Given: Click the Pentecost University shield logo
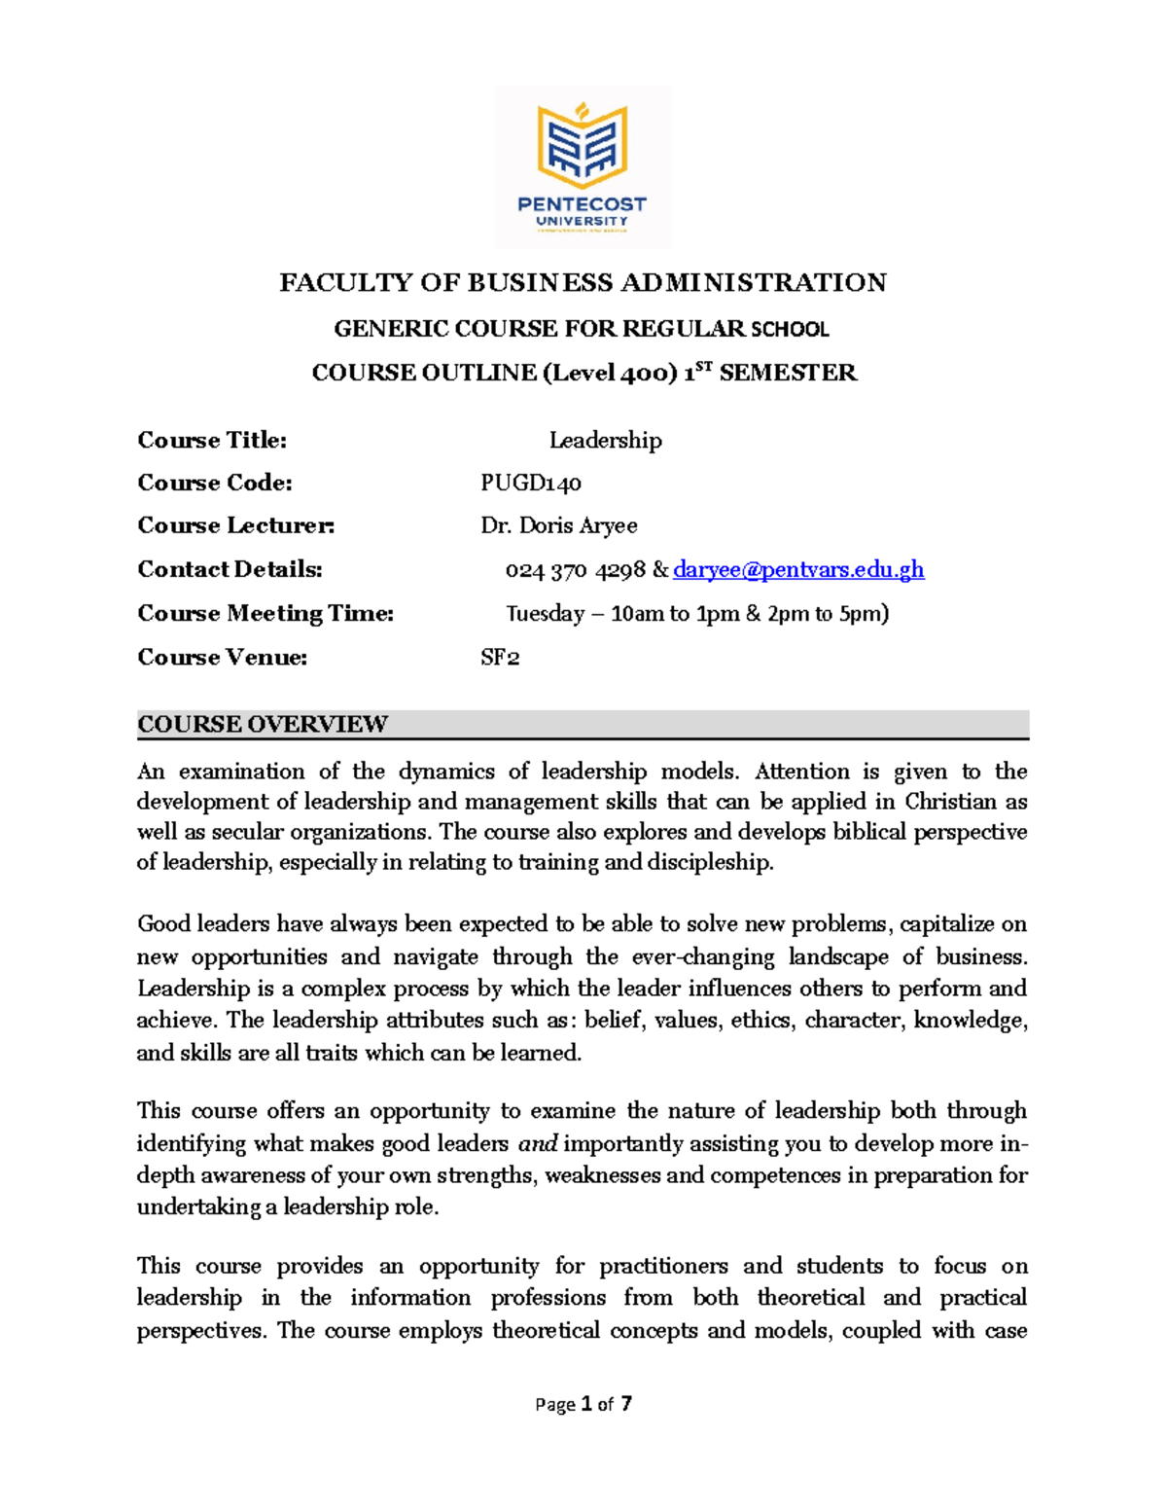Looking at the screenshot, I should click(583, 146).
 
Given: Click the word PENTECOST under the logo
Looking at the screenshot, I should click(582, 204).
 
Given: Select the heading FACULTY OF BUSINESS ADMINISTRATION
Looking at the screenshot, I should click(583, 283).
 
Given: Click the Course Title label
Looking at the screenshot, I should click(212, 441).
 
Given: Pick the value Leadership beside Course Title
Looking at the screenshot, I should click(605, 441).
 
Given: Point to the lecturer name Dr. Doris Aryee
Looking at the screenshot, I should click(559, 526).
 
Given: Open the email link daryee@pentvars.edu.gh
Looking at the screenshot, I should click(798, 570).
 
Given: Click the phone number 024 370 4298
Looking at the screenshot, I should click(575, 571).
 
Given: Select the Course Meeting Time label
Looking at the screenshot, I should click(265, 614).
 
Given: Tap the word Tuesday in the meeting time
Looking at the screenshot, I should click(545, 614).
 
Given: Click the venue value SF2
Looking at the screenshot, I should click(500, 658).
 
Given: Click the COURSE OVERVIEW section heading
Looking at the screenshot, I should click(263, 725).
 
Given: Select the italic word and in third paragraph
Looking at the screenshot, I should click(537, 1143).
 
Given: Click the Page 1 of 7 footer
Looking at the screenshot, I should click(583, 1404).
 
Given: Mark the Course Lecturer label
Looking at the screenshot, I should click(236, 526).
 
